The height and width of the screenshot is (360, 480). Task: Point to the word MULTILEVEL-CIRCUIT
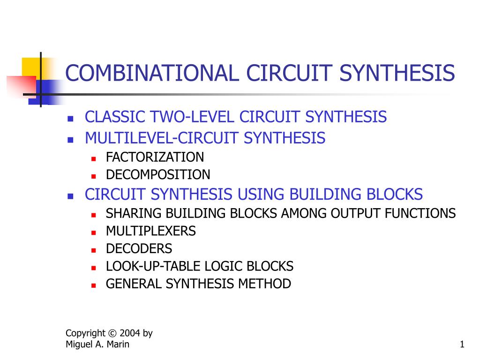pos(163,138)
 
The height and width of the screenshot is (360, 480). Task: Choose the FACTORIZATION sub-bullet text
pos(155,157)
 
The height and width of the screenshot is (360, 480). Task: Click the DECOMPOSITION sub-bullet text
pos(158,175)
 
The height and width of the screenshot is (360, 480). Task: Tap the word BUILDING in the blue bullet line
pos(320,194)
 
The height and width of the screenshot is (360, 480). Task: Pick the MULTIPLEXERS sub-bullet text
pos(150,231)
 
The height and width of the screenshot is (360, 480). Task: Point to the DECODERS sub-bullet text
pos(139,249)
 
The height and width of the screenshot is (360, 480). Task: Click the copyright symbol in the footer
pos(112,333)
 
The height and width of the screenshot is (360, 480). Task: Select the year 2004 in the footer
pos(130,333)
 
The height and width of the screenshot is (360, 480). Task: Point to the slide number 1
pos(462,345)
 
